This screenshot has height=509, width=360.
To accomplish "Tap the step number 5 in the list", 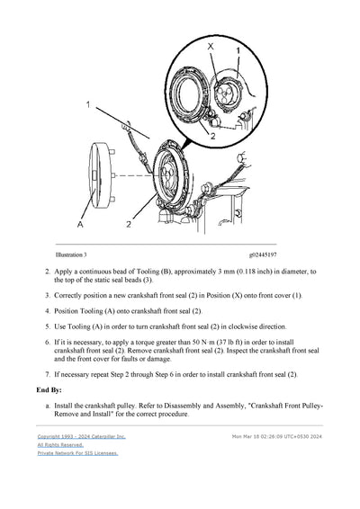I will (47, 327).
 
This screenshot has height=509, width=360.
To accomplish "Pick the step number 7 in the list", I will (47, 374).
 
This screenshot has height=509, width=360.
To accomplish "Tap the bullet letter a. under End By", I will (47, 406).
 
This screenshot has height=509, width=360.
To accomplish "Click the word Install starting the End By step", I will (67, 406).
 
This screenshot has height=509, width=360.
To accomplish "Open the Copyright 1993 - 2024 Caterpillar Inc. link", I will (81, 436).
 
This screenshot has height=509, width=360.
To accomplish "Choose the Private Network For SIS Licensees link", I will (77, 453).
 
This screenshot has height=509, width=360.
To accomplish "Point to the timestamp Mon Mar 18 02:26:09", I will (261, 436).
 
